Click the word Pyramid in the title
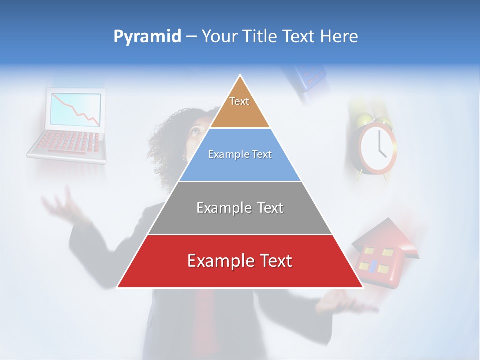pos(147,37)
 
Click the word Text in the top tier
pos(239,101)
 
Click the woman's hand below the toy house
pos(345,302)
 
